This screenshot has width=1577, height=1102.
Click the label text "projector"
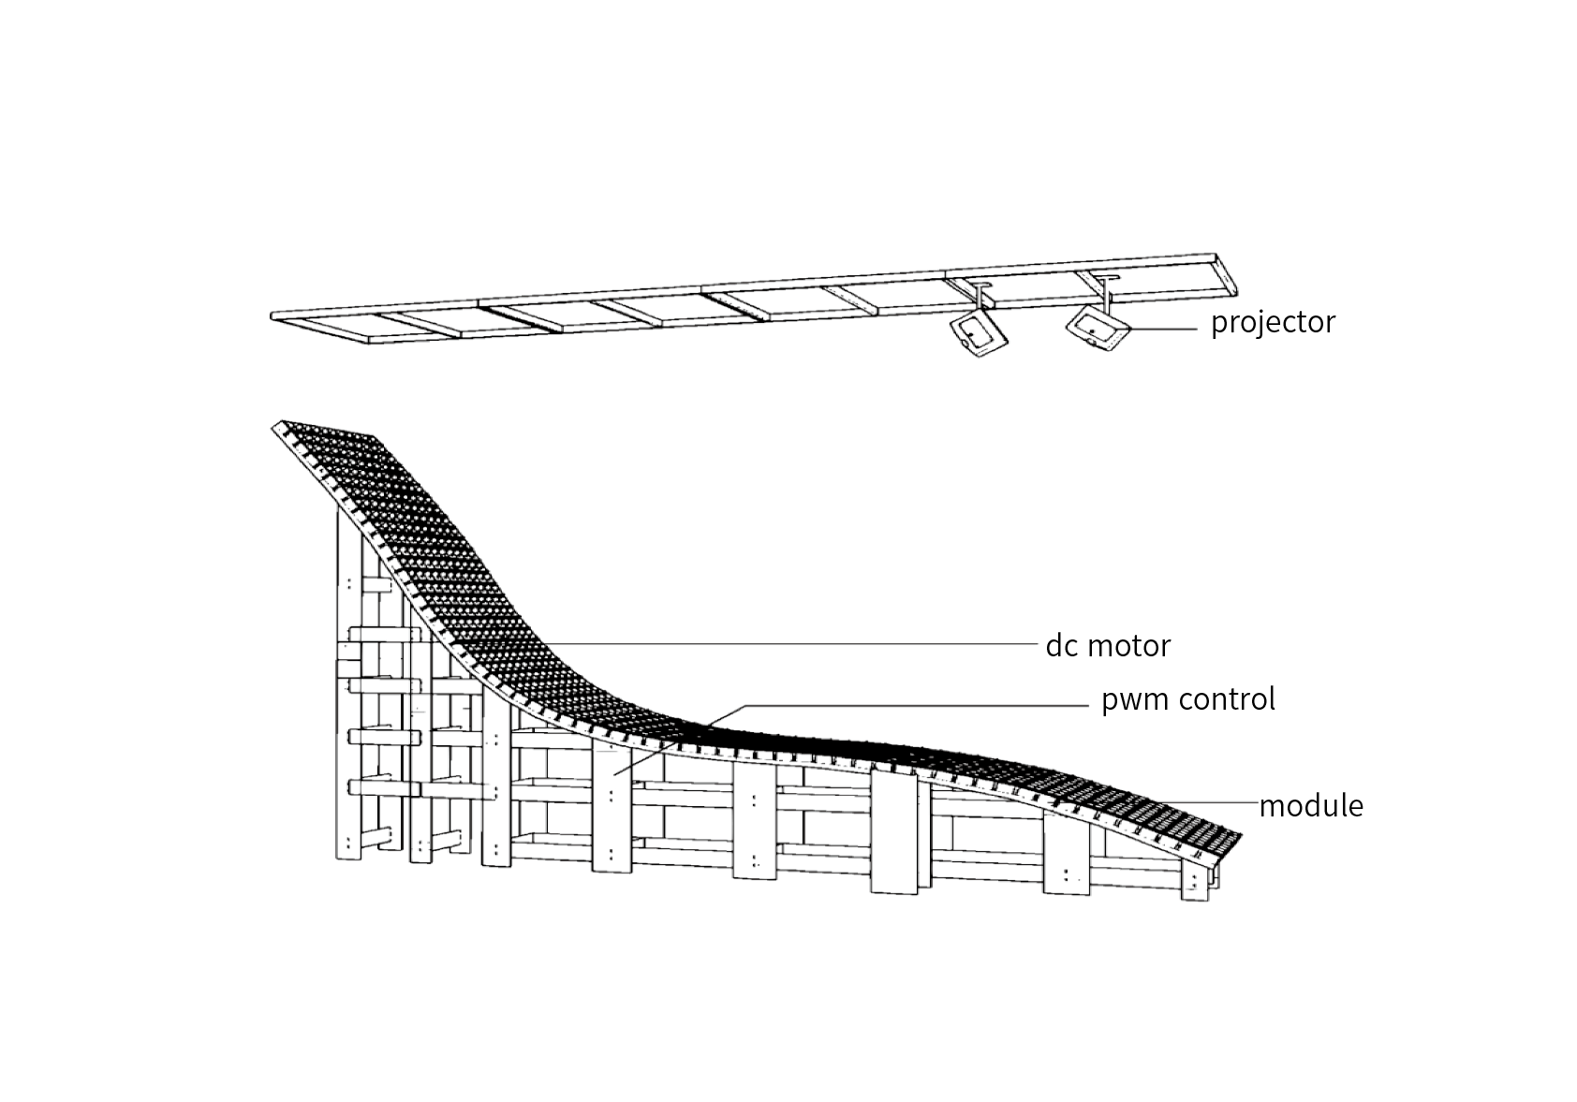(1273, 322)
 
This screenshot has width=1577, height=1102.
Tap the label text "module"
(1310, 805)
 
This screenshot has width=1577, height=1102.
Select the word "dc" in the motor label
(1061, 645)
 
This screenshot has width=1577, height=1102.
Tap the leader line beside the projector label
(1165, 328)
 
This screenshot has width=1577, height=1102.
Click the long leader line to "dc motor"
(796, 643)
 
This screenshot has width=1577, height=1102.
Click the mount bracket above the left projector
(980, 296)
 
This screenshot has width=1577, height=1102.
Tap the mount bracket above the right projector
(1108, 289)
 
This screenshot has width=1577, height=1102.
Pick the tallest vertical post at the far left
(347, 693)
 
